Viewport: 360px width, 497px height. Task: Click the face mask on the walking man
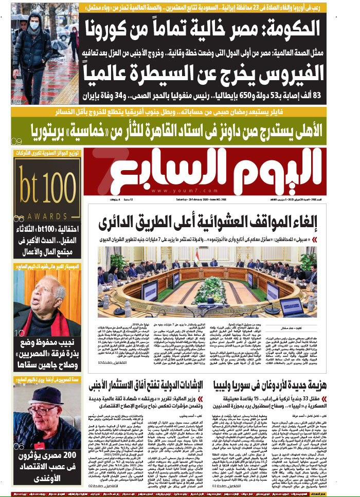pos(34,25)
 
